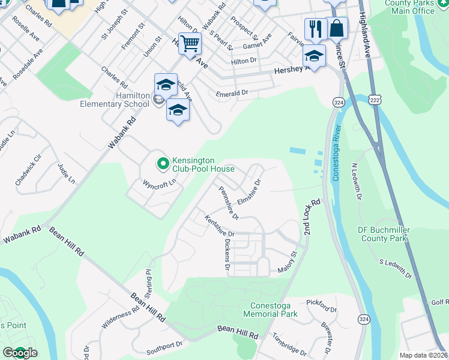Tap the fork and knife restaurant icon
pos(315,28)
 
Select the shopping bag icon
pos(337,28)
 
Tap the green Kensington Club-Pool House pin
pos(162,162)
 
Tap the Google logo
pos(20,352)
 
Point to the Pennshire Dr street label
pos(229,203)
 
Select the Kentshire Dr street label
pos(218,226)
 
